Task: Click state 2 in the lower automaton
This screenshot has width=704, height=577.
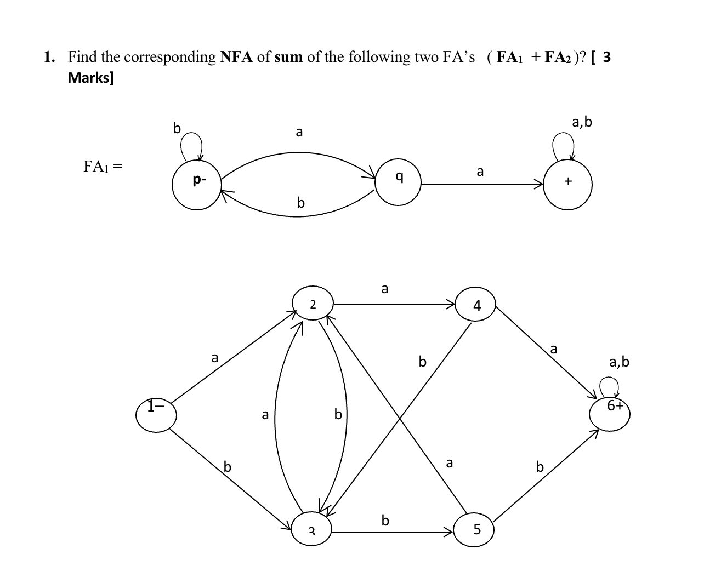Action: [x=312, y=304]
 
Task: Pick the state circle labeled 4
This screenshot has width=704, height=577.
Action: [x=476, y=305]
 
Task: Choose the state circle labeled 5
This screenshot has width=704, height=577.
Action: [x=476, y=529]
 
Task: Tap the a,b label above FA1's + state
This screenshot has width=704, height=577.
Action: [x=582, y=122]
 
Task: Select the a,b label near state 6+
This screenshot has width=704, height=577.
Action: [x=619, y=362]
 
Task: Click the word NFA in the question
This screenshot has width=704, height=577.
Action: [x=236, y=57]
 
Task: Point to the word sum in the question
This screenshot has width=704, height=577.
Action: [x=288, y=57]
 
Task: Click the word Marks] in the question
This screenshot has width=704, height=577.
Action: [x=91, y=77]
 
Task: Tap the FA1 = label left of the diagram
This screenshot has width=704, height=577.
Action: [x=103, y=166]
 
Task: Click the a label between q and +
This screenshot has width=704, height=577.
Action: [x=480, y=172]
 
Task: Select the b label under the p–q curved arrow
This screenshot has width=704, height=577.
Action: [x=300, y=203]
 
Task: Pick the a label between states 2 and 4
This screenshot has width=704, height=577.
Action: [x=384, y=288]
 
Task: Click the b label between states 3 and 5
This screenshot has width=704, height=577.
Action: [x=385, y=520]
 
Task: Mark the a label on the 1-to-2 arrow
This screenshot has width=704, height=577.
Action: [x=215, y=358]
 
